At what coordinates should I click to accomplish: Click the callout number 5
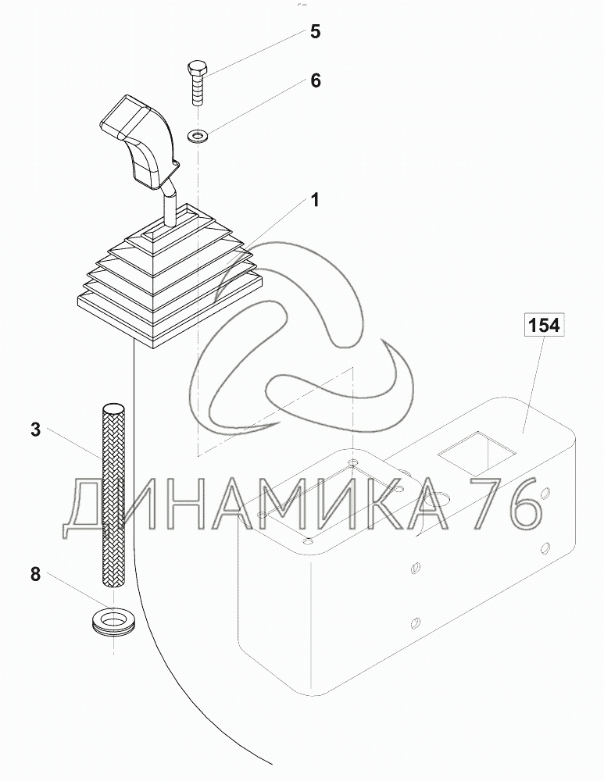pyautogui.click(x=315, y=32)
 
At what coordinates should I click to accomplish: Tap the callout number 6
pyautogui.click(x=316, y=80)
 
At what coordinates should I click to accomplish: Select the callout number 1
pyautogui.click(x=314, y=200)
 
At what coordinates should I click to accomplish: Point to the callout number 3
pyautogui.click(x=35, y=430)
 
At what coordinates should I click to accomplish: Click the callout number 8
pyautogui.click(x=35, y=574)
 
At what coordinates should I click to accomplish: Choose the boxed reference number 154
pyautogui.click(x=544, y=325)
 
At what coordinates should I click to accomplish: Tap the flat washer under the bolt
pyautogui.click(x=198, y=134)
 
